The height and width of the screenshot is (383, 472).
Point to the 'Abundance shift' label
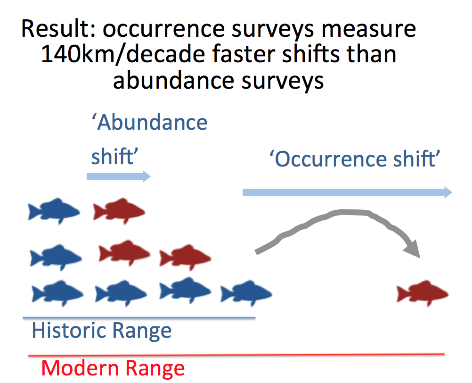click(x=149, y=139)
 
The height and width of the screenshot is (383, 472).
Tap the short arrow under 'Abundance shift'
click(x=118, y=176)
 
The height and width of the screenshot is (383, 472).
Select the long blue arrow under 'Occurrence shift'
click(x=347, y=191)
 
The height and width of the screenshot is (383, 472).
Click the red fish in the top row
click(x=119, y=210)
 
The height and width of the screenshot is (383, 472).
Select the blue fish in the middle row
click(x=56, y=257)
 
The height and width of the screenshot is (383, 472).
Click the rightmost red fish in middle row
click(x=185, y=258)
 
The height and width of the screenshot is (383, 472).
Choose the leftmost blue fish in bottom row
click(x=57, y=292)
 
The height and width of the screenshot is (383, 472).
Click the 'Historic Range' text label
click(x=101, y=331)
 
